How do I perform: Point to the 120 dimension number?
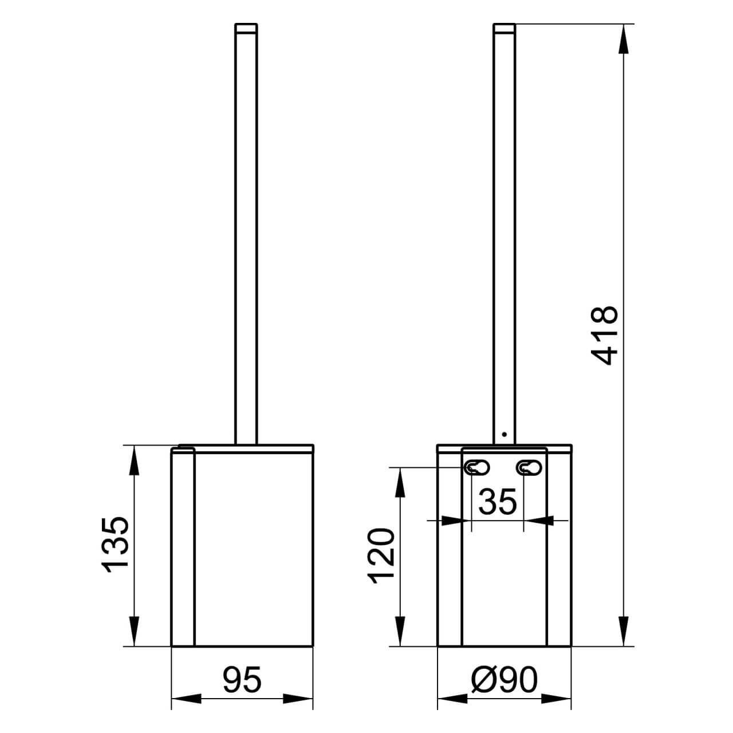381,555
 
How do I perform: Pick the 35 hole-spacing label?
498,501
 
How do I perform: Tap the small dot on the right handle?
505,434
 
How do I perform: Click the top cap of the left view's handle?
246,29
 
